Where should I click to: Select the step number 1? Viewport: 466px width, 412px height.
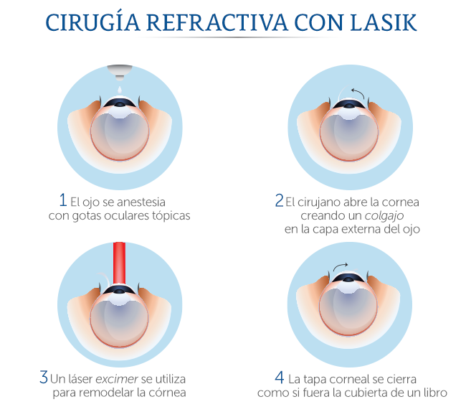(63, 200)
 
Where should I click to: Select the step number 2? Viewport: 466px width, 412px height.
(279, 202)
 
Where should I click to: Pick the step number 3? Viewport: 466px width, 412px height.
(44, 377)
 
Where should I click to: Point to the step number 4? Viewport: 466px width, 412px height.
(280, 377)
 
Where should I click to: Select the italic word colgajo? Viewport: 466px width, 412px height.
(391, 216)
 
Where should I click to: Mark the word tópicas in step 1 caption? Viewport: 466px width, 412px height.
(171, 216)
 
